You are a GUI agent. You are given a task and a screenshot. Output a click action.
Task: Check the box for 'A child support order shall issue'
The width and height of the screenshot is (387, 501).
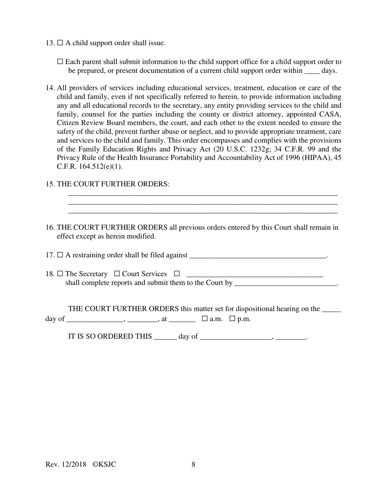[x=60, y=43]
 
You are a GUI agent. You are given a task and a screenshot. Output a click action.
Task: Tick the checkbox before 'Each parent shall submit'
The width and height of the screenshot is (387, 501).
[x=60, y=62]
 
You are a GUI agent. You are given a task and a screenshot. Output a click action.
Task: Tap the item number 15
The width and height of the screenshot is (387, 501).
[x=50, y=184]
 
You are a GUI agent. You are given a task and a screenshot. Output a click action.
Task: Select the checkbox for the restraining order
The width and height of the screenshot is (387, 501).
[x=60, y=255]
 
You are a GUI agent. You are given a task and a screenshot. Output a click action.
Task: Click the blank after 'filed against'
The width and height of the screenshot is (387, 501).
[x=258, y=256]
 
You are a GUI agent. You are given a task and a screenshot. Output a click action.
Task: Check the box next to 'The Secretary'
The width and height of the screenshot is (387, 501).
[x=60, y=274]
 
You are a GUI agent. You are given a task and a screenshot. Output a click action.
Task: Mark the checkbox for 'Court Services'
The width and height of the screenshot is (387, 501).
[x=117, y=274]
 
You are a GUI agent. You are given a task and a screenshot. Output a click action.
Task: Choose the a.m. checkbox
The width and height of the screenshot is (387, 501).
[x=205, y=319]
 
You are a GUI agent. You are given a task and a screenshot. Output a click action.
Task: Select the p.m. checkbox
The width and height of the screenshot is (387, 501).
[x=233, y=319]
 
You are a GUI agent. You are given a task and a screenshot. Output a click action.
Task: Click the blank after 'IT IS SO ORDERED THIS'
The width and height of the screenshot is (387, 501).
[x=165, y=337]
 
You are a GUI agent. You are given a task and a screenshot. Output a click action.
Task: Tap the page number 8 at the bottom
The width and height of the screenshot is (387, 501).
[x=193, y=464]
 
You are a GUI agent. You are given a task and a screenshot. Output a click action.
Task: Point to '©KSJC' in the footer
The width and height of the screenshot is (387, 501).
[x=104, y=464]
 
